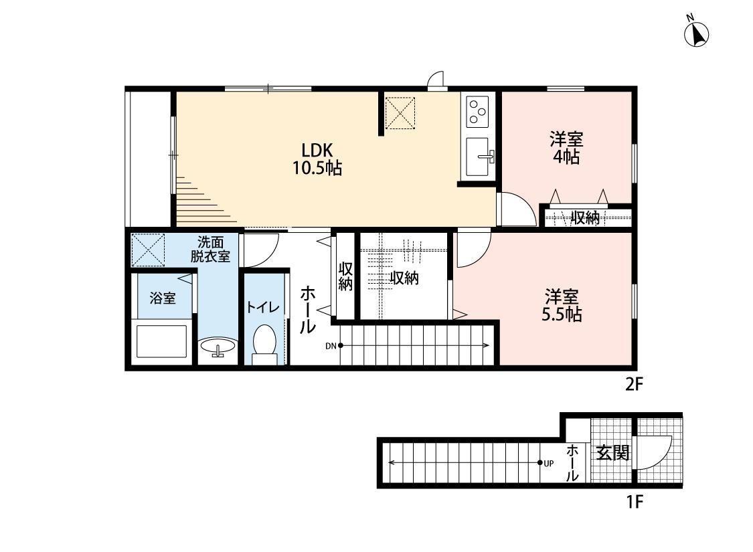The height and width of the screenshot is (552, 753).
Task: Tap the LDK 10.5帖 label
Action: pyautogui.click(x=317, y=159)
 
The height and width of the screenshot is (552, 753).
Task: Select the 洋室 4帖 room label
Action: pyautogui.click(x=566, y=148)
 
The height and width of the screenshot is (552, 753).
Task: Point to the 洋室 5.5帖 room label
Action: pyautogui.click(x=562, y=305)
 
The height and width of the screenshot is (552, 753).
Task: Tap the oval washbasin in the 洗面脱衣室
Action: pyautogui.click(x=218, y=347)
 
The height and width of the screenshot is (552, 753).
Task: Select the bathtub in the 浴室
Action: pyautogui.click(x=162, y=341)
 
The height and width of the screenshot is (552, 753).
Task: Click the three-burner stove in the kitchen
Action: pyautogui.click(x=477, y=111)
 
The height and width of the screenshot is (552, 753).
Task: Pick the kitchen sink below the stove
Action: pyautogui.click(x=477, y=157)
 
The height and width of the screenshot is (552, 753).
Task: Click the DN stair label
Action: pyautogui.click(x=331, y=345)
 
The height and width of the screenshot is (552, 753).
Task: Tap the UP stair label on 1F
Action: pyautogui.click(x=548, y=463)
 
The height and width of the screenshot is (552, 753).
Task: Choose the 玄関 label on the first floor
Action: pyautogui.click(x=612, y=452)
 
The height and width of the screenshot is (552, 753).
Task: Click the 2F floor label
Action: pyautogui.click(x=633, y=384)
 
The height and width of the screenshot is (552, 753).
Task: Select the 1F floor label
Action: pyautogui.click(x=634, y=502)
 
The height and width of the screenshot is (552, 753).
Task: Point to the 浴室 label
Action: pyautogui.click(x=163, y=298)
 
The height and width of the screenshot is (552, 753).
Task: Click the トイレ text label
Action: pyautogui.click(x=262, y=307)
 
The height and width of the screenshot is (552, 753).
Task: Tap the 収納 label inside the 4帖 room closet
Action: pyautogui.click(x=585, y=218)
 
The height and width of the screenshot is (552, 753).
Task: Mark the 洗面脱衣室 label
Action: pyautogui.click(x=210, y=249)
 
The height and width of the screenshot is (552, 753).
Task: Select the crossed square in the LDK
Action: pyautogui.click(x=400, y=113)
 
